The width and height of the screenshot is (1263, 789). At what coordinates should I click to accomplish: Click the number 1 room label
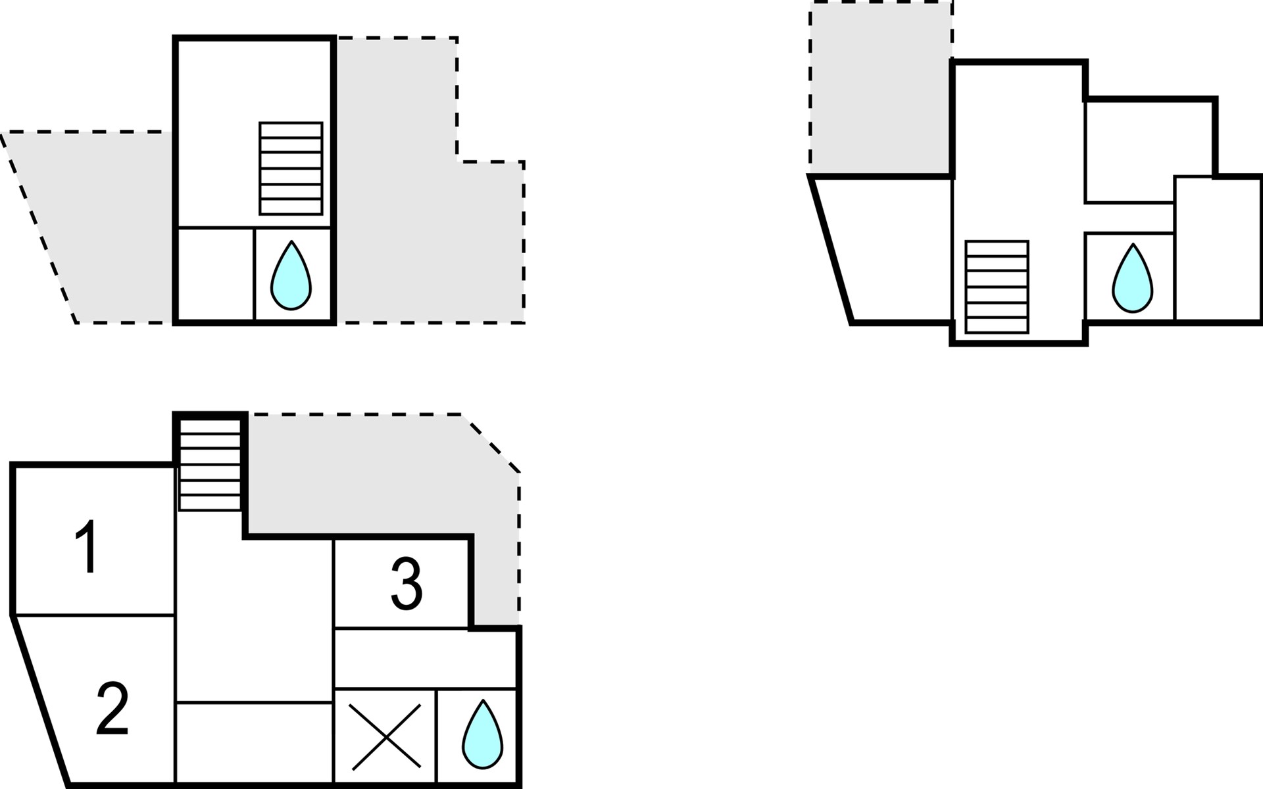coord(87,546)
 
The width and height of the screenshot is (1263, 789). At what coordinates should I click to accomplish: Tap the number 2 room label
coord(112,708)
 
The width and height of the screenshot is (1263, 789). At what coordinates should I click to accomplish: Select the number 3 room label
coord(407,583)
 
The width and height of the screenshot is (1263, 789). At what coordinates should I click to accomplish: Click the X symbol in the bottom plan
coord(385,736)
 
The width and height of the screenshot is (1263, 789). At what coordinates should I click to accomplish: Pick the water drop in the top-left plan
coord(291,275)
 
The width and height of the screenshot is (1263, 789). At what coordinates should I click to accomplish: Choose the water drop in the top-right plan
coord(1132,279)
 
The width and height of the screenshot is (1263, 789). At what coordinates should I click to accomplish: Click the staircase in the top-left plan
coord(291,168)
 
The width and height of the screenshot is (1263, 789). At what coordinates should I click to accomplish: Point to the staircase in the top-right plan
coord(997,287)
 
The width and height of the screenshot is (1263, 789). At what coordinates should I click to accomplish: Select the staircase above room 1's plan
coord(210,464)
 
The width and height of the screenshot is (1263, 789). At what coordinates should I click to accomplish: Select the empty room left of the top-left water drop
coord(216,274)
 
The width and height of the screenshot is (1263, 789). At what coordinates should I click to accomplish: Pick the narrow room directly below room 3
coord(425,659)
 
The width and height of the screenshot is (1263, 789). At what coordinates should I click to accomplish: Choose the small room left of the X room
coord(255,743)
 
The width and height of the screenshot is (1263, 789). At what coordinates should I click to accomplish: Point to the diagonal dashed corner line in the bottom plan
coord(491,443)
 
